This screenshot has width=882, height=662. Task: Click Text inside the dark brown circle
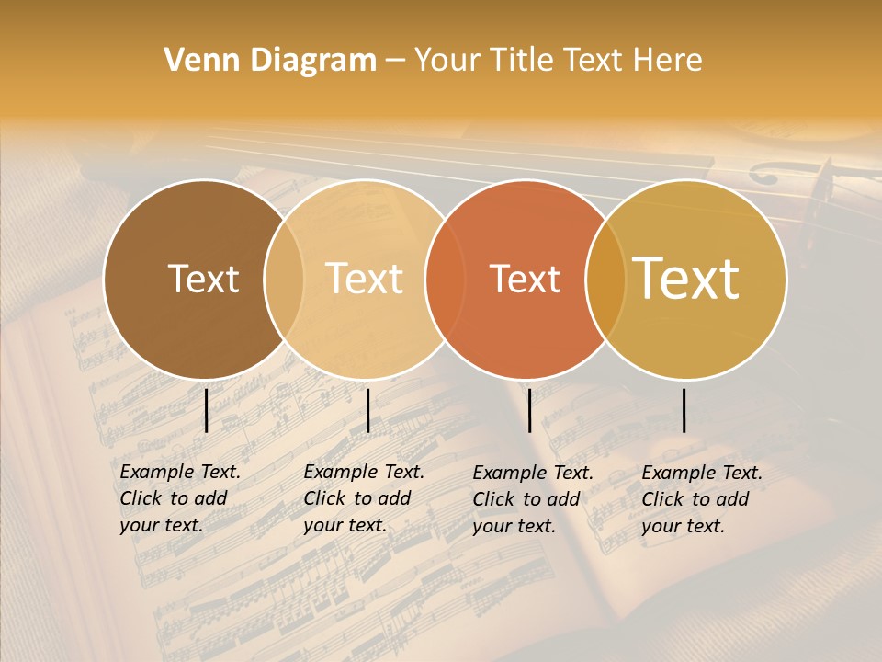203,279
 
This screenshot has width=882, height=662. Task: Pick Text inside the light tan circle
364,279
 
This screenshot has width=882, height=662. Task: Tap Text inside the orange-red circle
525,279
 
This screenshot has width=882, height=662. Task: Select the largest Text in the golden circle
685,278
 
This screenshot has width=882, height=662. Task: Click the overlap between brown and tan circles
284,279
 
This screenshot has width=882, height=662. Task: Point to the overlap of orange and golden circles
605,279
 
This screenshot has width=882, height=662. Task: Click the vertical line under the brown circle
207,410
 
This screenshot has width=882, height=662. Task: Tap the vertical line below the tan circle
367,410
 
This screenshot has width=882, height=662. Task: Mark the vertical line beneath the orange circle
529,410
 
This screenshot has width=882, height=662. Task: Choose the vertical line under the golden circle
684,410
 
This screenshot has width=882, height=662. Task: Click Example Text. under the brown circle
180,472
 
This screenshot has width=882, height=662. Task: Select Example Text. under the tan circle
364,472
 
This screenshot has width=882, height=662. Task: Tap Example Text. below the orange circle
533,473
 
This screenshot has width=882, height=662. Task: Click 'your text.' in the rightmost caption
683,526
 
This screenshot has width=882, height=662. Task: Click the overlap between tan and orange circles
444,279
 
